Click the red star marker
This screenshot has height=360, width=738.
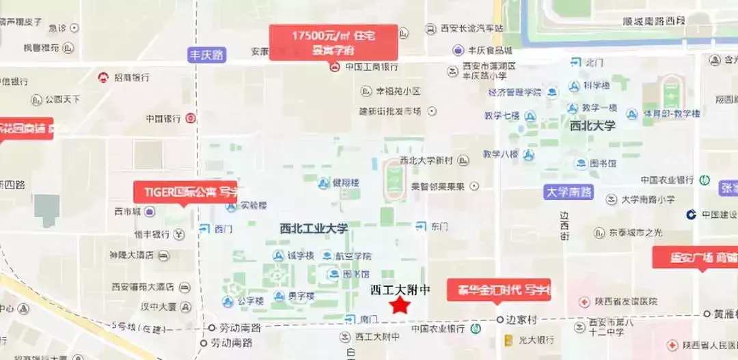point(399,305)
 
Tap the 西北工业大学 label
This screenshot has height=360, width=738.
point(314,228)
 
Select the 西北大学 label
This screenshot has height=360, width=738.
point(592,126)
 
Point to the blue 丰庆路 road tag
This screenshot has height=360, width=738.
point(207,55)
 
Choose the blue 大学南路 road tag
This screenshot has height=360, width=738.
point(569,192)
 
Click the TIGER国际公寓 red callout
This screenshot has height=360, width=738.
point(184,191)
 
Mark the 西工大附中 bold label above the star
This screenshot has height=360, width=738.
point(400,289)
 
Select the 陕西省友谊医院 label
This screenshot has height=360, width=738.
point(625,301)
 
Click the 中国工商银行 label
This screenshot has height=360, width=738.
point(371,67)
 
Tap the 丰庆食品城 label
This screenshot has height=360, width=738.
point(490,51)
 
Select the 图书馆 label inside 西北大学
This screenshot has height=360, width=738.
point(603,164)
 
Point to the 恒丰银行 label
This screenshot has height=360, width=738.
point(152,234)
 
